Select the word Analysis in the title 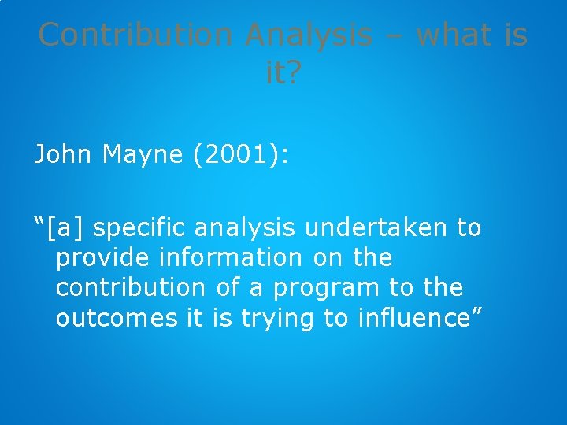[x=309, y=35]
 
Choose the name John [x=64, y=154]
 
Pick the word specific [x=144, y=229]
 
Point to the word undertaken [x=381, y=228]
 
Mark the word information [x=229, y=257]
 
